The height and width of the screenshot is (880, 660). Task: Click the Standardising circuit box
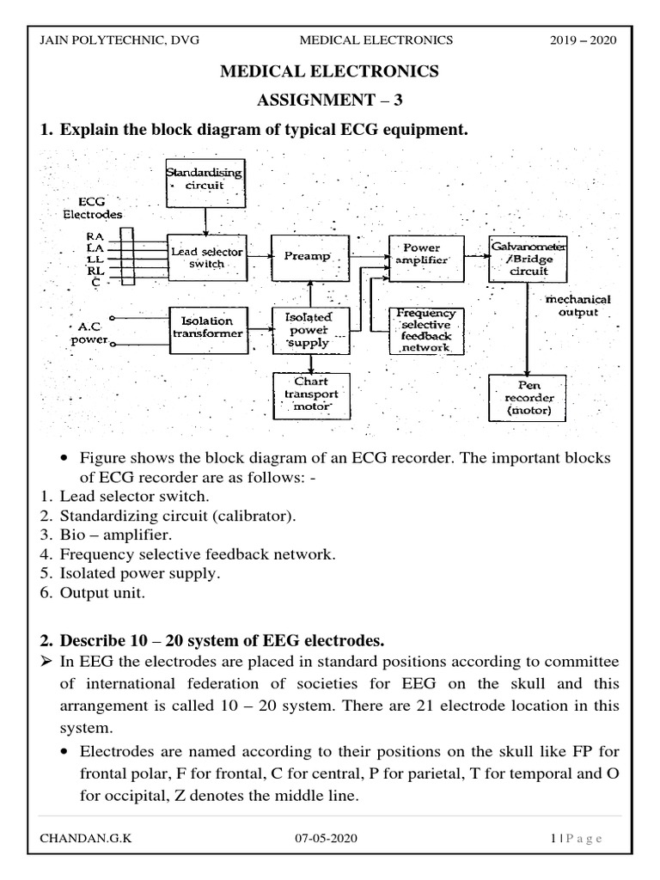point(205,183)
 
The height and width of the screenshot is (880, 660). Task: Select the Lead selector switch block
point(207,258)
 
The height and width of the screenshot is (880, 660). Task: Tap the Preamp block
point(309,258)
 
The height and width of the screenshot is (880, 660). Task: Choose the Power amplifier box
point(426,258)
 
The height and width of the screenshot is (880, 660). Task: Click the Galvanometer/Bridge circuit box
point(528,259)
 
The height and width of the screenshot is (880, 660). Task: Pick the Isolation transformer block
point(208,330)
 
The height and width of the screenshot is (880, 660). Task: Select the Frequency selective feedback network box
point(426,331)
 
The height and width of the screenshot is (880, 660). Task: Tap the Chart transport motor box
point(311,396)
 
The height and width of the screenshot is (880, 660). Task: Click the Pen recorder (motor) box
point(528,398)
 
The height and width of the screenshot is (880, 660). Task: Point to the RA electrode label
point(95,237)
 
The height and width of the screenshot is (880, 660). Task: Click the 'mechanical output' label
point(577,306)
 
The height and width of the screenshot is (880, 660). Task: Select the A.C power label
point(89,333)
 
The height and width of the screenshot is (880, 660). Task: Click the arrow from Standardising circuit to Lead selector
point(205,222)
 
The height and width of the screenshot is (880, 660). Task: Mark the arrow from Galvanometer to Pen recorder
point(527,329)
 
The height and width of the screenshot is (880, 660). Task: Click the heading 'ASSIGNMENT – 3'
point(330,100)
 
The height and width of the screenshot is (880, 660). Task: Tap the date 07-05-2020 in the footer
point(326,839)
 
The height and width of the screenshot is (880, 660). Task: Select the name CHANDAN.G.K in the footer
point(86,839)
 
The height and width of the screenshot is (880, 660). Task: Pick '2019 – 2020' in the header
point(584,40)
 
